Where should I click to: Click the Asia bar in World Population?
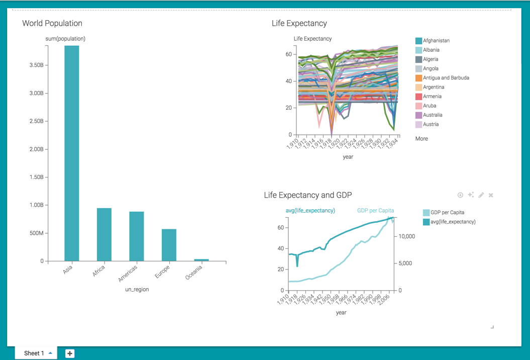pyautogui.click(x=71, y=153)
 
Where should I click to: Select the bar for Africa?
pyautogui.click(x=104, y=235)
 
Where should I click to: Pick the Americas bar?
pyautogui.click(x=137, y=236)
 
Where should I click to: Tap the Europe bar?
pyautogui.click(x=169, y=245)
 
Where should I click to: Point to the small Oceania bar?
pyautogui.click(x=201, y=260)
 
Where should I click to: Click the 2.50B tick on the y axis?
pyautogui.click(x=36, y=121)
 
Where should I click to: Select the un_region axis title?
pyautogui.click(x=137, y=290)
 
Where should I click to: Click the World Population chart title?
pyautogui.click(x=52, y=24)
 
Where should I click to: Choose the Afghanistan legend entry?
pyautogui.click(x=436, y=41)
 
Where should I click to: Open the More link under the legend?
pyautogui.click(x=421, y=139)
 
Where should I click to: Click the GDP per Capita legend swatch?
pyautogui.click(x=427, y=213)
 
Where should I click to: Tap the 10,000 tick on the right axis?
pyautogui.click(x=407, y=236)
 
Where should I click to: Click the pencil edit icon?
pyautogui.click(x=481, y=195)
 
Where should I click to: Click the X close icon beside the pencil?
pyautogui.click(x=491, y=195)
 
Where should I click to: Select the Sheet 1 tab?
pyautogui.click(x=34, y=353)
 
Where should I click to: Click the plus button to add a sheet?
pyautogui.click(x=70, y=353)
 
